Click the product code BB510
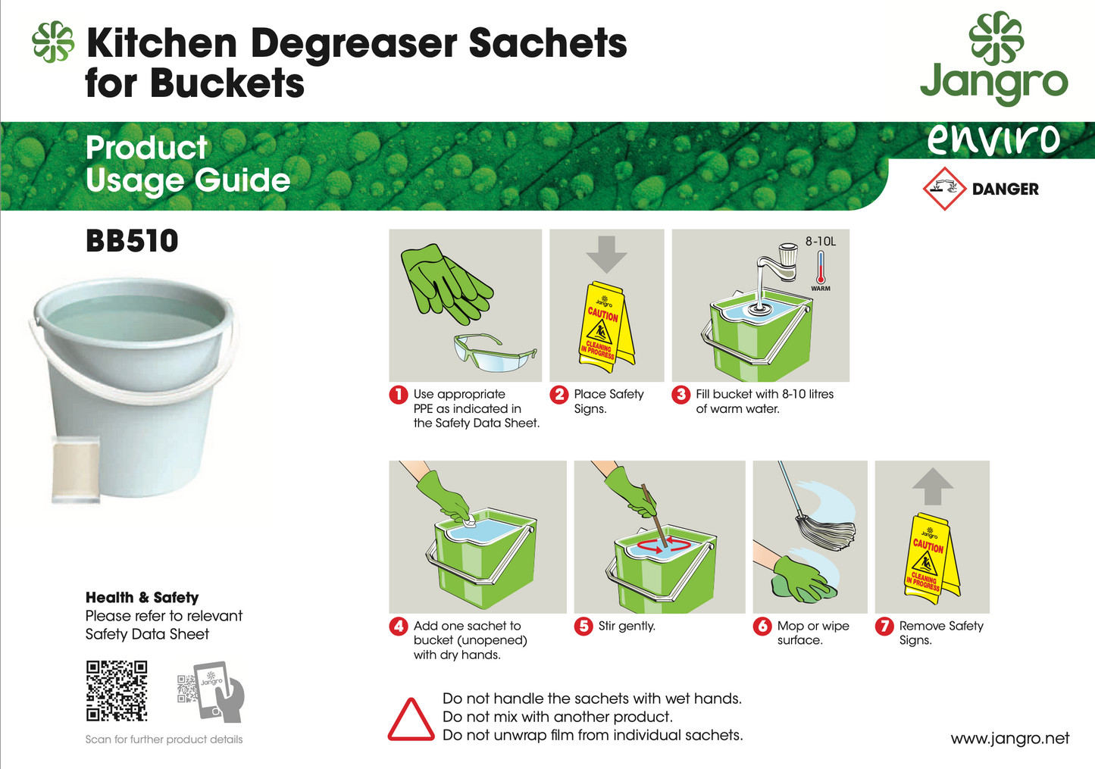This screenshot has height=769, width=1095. click(x=132, y=241)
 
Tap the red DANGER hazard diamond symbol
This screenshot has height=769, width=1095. click(x=944, y=189)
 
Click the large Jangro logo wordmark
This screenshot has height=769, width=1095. click(x=993, y=82)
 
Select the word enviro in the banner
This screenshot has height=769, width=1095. click(x=994, y=139)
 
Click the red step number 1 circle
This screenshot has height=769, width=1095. click(x=399, y=395)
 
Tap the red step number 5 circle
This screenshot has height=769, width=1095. click(x=583, y=627)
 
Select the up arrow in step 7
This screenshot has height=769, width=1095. click(x=932, y=486)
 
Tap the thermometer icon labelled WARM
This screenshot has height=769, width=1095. click(x=821, y=268)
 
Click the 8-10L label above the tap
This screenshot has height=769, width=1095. click(x=821, y=241)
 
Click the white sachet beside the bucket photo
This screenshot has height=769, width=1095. click(x=76, y=469)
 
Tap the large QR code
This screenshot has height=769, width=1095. click(x=116, y=690)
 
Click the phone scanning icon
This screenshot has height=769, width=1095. click(x=212, y=690)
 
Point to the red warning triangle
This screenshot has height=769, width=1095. click(x=411, y=720)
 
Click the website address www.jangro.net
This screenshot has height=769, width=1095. click(x=1009, y=738)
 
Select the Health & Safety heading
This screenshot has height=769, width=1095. click(x=142, y=597)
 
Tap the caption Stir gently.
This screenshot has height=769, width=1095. click(x=627, y=626)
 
